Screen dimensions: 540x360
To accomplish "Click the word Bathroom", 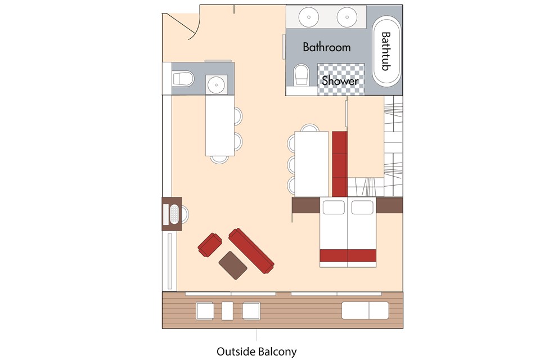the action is [x=326, y=47].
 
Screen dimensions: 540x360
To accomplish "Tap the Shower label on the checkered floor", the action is [x=340, y=80].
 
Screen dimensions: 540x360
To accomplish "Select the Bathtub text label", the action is [x=386, y=51].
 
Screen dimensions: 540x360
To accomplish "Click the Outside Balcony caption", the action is [x=256, y=352].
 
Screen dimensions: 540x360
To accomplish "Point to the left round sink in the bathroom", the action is [x=309, y=17].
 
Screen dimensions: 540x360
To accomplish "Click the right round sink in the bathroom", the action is [x=347, y=17].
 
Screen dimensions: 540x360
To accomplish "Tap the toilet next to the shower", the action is [x=301, y=75].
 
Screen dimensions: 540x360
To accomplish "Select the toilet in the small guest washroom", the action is [x=183, y=79].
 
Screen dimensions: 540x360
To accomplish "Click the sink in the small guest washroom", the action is [x=217, y=84].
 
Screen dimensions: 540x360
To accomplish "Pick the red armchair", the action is [x=210, y=245].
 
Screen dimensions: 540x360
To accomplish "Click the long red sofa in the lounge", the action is [x=251, y=251].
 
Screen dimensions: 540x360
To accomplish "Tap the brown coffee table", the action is [x=233, y=265].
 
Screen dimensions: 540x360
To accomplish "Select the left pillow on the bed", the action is [x=334, y=207].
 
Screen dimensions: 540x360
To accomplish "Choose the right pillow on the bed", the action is [x=362, y=207].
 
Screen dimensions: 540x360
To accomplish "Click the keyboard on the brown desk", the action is [x=174, y=214].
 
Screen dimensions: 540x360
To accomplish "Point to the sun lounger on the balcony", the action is [x=365, y=310].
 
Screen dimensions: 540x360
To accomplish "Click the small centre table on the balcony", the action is [x=227, y=310].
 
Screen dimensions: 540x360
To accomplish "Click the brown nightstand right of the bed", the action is [x=389, y=205].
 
